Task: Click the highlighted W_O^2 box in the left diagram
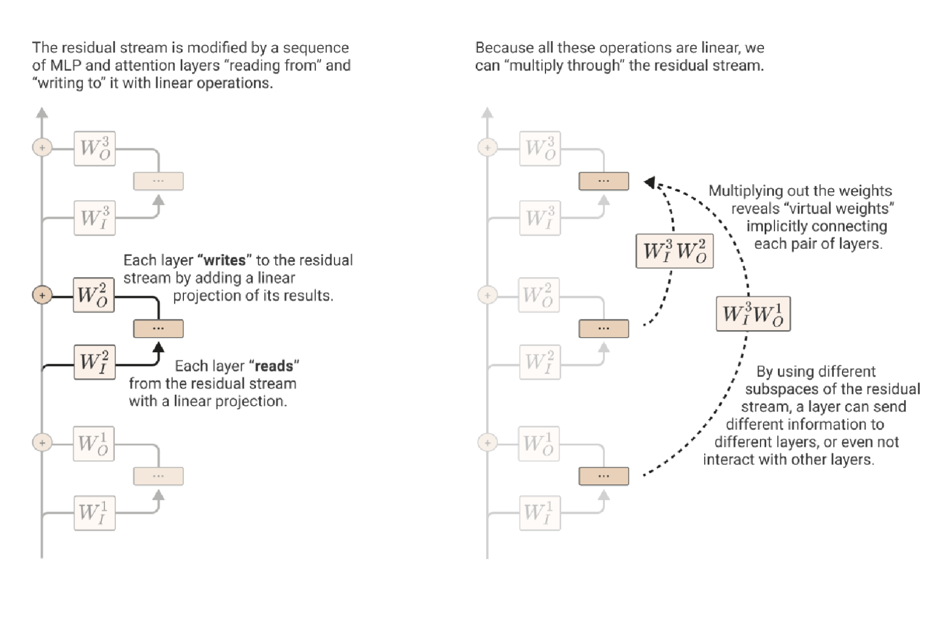(x=93, y=295)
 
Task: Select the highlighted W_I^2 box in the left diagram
(x=94, y=362)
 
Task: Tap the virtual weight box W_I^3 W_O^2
(x=674, y=251)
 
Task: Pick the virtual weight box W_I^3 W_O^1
(x=753, y=313)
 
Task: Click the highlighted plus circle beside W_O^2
(x=42, y=295)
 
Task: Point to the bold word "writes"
(x=225, y=260)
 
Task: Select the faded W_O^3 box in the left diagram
(x=95, y=148)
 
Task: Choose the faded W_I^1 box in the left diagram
(x=94, y=513)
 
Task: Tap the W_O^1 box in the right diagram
(x=539, y=443)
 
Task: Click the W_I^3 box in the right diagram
(x=540, y=218)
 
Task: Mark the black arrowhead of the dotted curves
(x=649, y=183)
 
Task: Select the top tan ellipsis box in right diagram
(x=603, y=181)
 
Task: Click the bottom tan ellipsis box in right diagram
(x=603, y=476)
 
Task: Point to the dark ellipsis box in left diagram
(x=158, y=329)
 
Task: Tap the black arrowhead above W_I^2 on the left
(x=158, y=347)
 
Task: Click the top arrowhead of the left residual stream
(x=42, y=112)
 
